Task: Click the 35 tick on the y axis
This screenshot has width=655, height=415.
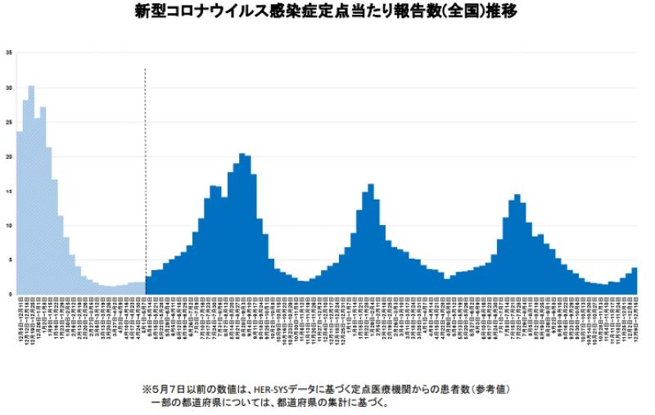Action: pos(9,53)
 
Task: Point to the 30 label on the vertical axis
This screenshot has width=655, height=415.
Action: pos(9,88)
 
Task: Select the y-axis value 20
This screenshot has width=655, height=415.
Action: pos(9,156)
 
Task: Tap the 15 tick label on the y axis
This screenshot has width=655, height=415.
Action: pos(9,191)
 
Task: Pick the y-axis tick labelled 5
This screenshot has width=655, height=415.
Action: pos(10,259)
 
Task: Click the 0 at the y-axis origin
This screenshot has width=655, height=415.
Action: pos(10,294)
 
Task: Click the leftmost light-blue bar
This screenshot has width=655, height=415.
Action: pos(19,213)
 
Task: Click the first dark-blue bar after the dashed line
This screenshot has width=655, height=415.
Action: pos(148,285)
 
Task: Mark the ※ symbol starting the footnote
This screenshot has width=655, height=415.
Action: pos(147,388)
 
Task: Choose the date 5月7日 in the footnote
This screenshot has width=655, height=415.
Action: pos(169,388)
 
